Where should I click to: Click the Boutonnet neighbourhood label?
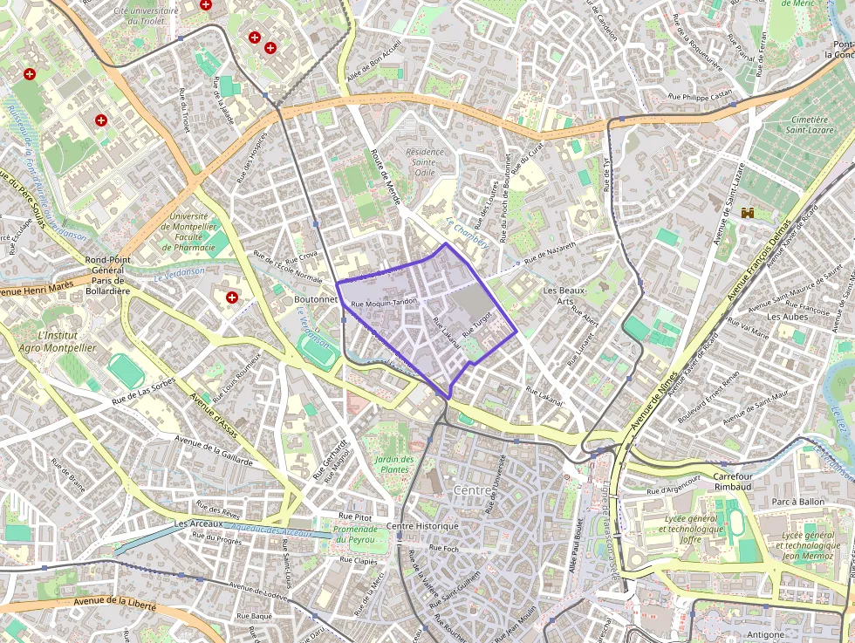click(x=316, y=298)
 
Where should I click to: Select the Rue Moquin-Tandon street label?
click(x=385, y=303)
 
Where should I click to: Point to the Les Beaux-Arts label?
click(x=565, y=296)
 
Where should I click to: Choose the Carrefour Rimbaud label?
click(x=733, y=482)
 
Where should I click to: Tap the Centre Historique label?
click(x=422, y=526)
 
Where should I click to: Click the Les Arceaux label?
click(x=195, y=523)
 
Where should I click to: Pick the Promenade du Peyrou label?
click(x=357, y=534)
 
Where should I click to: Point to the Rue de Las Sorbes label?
click(x=144, y=392)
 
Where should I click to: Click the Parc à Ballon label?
click(x=798, y=502)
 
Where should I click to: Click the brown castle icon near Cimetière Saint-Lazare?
click(x=748, y=213)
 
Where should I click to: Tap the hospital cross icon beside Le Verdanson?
click(x=232, y=298)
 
